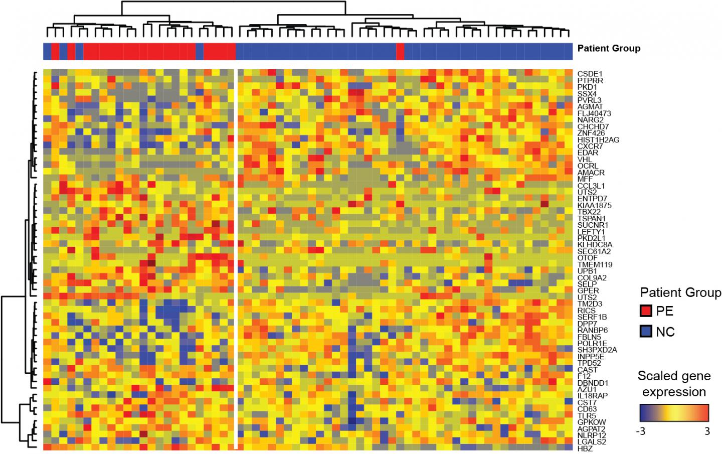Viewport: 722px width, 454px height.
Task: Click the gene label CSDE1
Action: click(x=589, y=74)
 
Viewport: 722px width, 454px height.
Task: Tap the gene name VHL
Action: click(x=585, y=159)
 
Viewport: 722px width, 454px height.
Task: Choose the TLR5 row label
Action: click(x=587, y=415)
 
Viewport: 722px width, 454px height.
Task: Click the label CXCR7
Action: click(x=590, y=146)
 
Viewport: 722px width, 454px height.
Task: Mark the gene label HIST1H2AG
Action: click(x=598, y=139)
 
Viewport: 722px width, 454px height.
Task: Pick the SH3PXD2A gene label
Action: click(x=597, y=350)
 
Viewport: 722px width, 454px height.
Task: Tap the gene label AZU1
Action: click(x=587, y=389)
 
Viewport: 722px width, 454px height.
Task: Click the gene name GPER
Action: click(x=588, y=290)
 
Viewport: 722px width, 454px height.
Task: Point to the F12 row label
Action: click(x=583, y=376)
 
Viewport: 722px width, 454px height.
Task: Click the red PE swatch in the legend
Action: click(x=646, y=311)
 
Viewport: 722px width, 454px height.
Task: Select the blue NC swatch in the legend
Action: click(x=646, y=331)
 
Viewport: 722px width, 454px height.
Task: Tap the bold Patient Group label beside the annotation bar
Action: click(x=609, y=49)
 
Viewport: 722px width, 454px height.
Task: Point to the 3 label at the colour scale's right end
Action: click(x=707, y=431)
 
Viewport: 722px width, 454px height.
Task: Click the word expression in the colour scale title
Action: click(x=674, y=392)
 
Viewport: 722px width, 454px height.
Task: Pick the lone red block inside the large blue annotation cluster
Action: click(x=400, y=52)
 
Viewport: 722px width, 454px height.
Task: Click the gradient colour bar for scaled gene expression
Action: click(x=674, y=412)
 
